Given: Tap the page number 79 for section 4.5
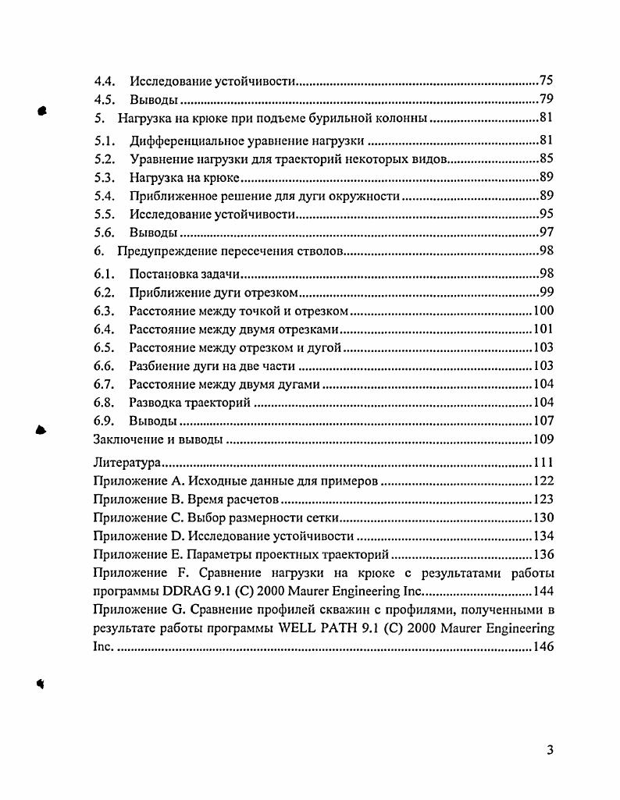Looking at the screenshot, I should (546, 99).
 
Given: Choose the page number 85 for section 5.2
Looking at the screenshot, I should (546, 160).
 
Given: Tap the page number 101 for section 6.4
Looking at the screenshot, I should (543, 329).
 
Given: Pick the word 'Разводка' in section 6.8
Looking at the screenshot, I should (156, 403).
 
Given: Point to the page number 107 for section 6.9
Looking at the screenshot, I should (543, 421).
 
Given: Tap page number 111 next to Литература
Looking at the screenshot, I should (543, 463).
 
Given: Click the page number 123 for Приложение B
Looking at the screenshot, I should (543, 500).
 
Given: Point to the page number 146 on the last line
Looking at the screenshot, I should (543, 647).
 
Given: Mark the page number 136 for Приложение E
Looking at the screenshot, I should (543, 555).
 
